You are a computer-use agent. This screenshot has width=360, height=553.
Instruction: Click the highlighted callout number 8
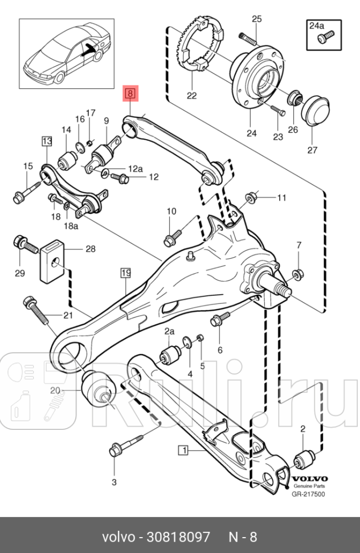click(130, 92)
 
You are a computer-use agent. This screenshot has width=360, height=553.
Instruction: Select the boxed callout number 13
click(46, 140)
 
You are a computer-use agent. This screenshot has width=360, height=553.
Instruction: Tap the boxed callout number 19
click(125, 273)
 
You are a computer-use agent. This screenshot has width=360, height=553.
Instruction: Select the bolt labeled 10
click(172, 235)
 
